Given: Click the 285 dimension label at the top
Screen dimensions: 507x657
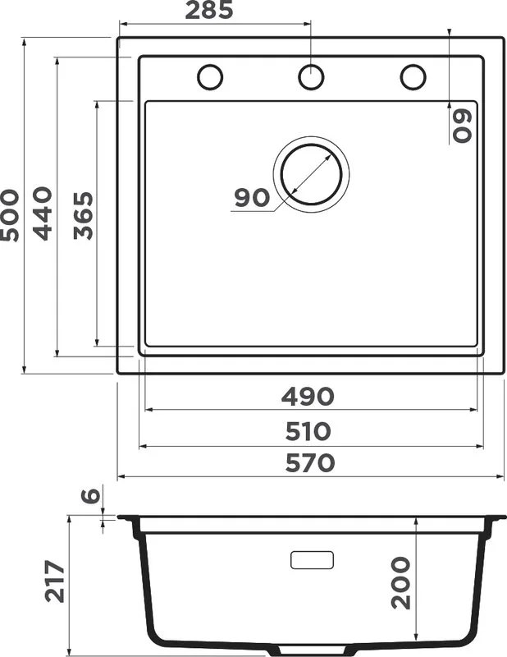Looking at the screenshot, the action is point(209,10).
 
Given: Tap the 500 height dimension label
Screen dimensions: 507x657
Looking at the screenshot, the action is point(10,215).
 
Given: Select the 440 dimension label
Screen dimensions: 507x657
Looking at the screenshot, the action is point(43,214).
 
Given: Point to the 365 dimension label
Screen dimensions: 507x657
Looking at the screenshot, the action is point(83,215).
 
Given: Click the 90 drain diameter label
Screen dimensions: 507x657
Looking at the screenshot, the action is point(251,198).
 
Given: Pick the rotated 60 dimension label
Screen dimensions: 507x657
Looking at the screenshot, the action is point(462,126).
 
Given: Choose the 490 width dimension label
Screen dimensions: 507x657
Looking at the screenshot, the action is point(308,396).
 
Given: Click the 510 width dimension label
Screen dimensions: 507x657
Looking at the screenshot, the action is point(308,432).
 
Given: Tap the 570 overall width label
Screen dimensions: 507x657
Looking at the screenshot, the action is point(310,463).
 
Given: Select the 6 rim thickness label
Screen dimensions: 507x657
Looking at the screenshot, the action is point(91,496).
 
